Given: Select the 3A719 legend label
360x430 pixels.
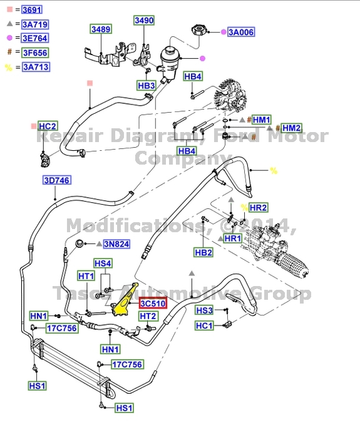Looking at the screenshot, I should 35,24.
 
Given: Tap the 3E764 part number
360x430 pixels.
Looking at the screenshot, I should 35,39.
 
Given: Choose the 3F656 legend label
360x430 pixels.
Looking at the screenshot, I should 35,53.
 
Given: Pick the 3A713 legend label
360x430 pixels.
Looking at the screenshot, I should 36,67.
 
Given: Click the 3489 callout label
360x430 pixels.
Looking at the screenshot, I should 101,30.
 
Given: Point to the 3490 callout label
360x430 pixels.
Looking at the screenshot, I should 143,21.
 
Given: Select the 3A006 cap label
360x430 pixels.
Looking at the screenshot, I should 241,32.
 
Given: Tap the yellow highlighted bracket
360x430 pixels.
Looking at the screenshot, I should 126,300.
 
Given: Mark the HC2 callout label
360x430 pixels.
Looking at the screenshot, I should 48,126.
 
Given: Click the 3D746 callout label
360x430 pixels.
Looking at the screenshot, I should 56,181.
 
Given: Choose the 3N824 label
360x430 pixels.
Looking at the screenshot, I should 116,244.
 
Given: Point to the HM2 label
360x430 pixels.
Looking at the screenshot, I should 291,128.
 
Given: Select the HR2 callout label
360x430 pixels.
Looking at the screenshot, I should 258,207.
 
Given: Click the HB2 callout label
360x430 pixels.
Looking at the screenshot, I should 203,253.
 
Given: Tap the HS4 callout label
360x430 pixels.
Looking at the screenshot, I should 103,264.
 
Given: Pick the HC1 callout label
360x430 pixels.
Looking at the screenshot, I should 204,325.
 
